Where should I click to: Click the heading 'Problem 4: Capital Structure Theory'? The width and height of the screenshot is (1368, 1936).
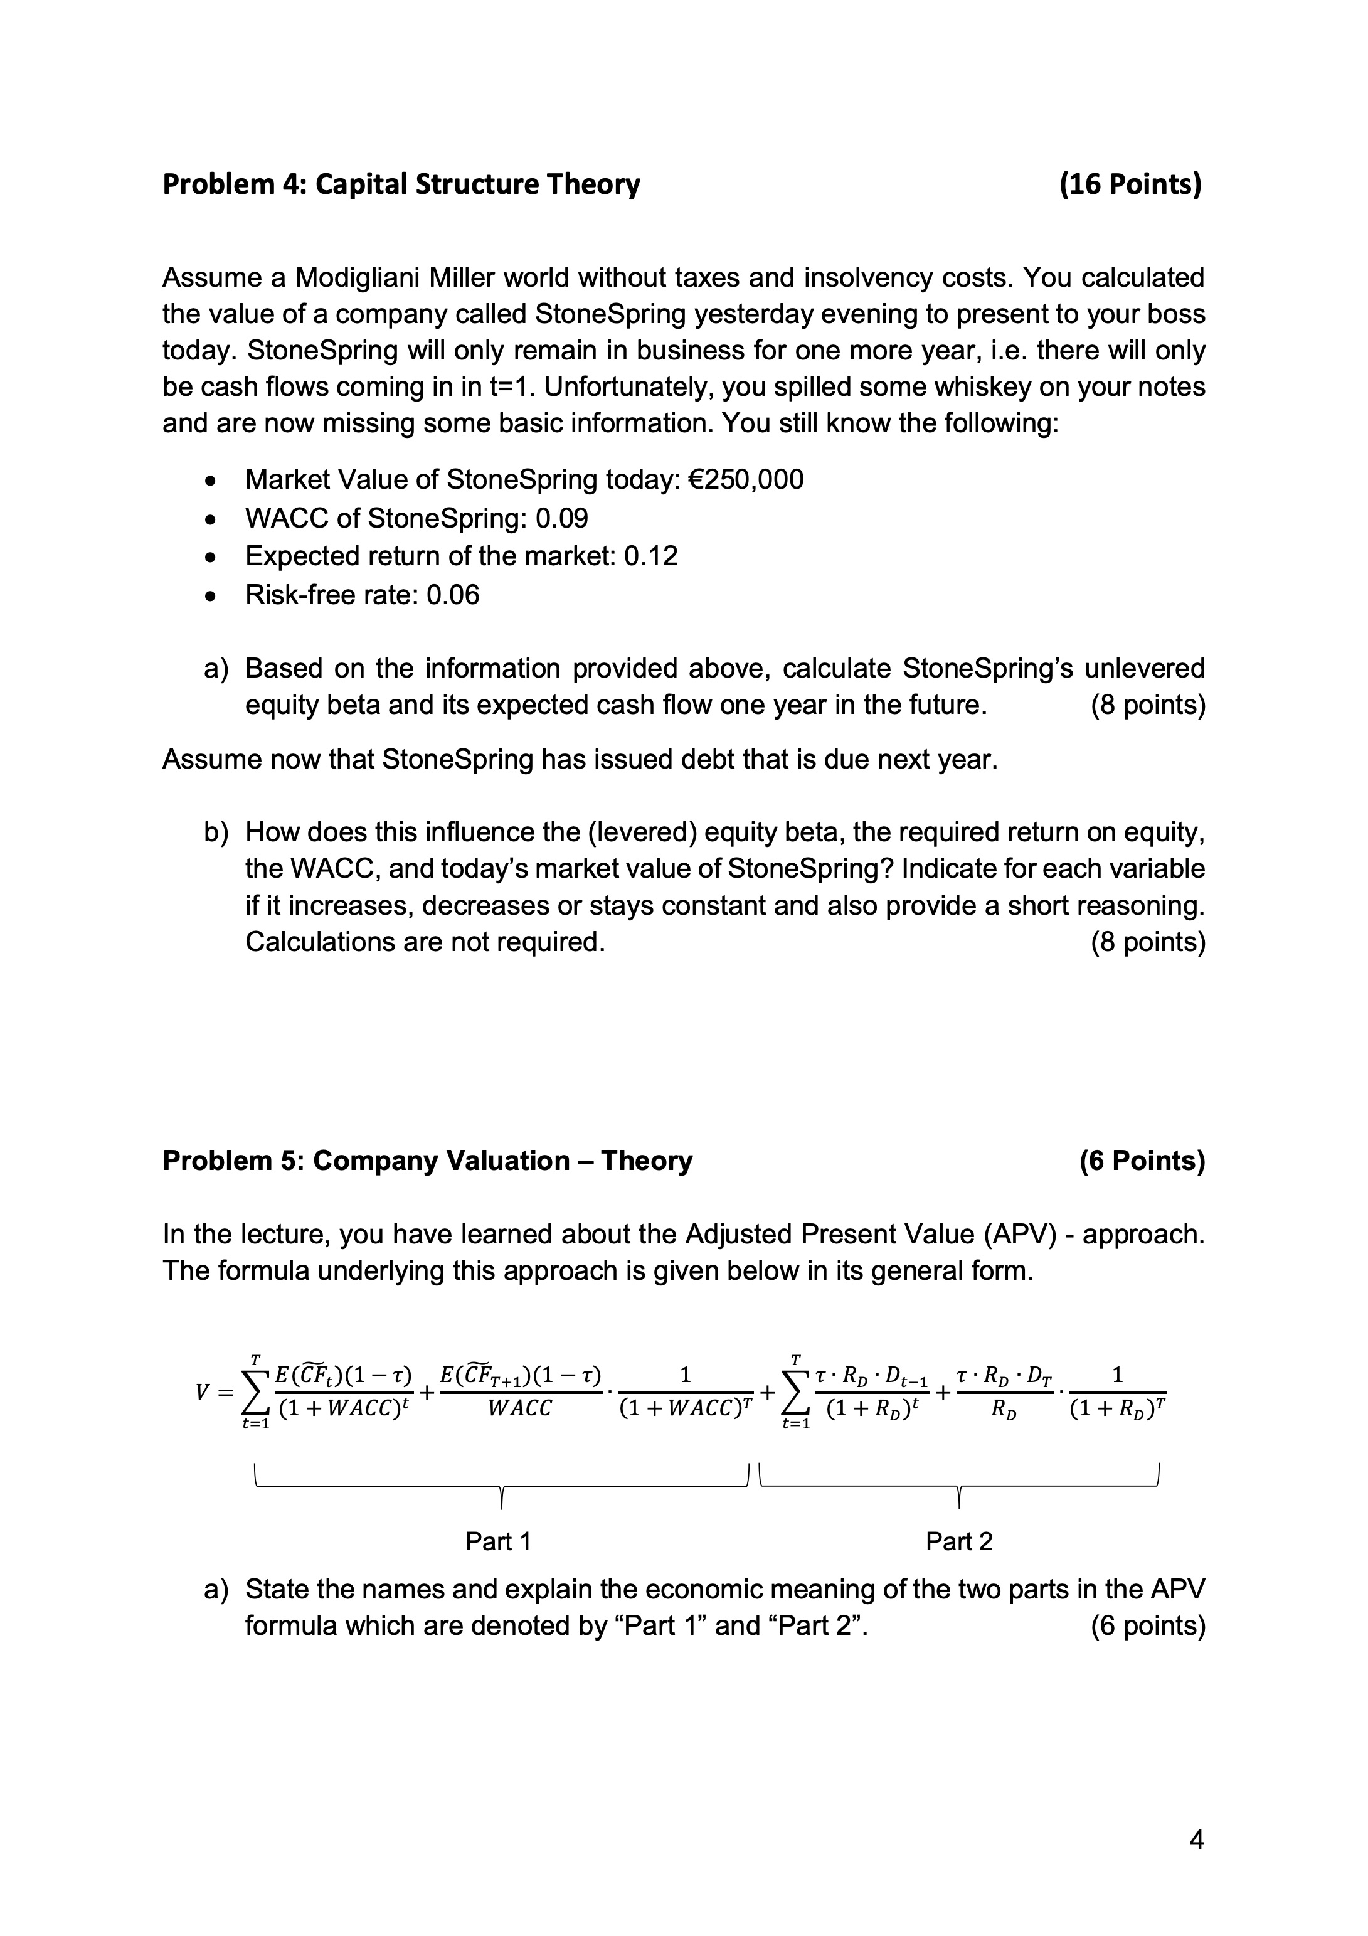tap(401, 184)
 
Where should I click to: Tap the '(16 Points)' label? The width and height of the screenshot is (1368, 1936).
tap(1130, 184)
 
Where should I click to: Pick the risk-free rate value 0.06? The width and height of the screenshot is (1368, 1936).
tap(453, 595)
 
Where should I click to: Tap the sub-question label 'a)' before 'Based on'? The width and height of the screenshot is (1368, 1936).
tap(216, 669)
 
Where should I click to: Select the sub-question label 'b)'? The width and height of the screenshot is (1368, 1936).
tap(216, 833)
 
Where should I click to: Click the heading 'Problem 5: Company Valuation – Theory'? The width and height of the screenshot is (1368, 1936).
tap(427, 1161)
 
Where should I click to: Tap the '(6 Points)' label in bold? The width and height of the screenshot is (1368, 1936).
tap(1142, 1161)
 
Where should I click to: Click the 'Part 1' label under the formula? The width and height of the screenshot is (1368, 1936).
tap(498, 1541)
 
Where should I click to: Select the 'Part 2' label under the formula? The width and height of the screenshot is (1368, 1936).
tap(959, 1541)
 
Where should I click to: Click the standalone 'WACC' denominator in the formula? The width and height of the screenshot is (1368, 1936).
tap(520, 1408)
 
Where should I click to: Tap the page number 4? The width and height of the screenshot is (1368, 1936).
tap(1196, 1840)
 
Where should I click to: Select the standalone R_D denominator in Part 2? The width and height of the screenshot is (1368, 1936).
tap(1000, 1409)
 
